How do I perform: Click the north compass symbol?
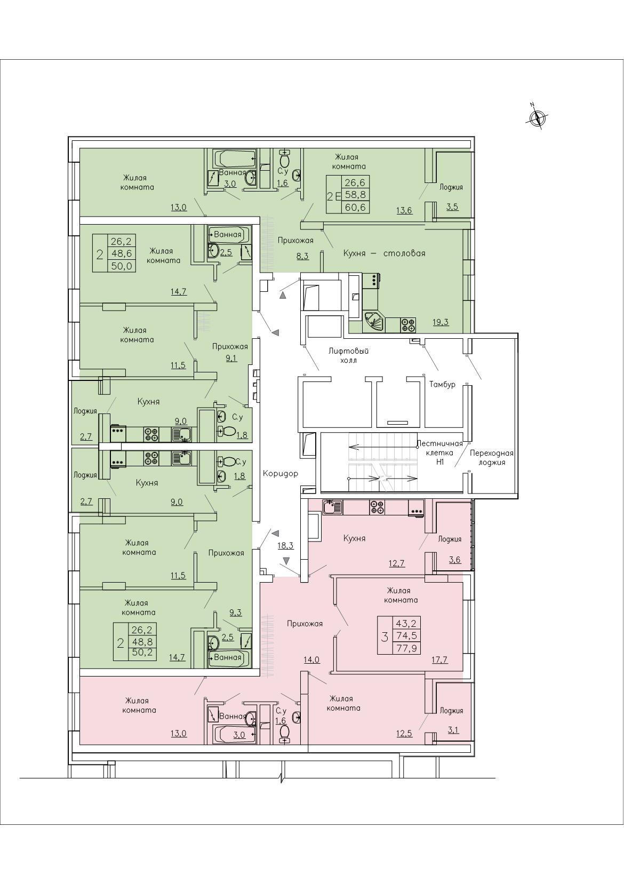coord(537,117)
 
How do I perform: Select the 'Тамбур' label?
coord(442,384)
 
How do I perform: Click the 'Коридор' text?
coord(281,473)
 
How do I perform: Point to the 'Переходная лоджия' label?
coord(492,458)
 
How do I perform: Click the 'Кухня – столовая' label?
coord(384,253)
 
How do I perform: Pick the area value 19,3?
coord(441,322)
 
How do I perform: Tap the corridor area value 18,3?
coord(286,546)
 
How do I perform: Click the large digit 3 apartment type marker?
coord(385,636)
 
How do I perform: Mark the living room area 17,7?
coord(439,659)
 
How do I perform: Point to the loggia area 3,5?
coord(452,207)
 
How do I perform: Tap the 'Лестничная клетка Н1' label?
coord(440,452)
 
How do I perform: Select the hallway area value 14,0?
coord(311,659)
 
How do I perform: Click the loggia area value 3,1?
coord(453,730)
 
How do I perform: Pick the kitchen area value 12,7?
coord(396,563)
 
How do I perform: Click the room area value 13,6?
coord(404,211)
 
